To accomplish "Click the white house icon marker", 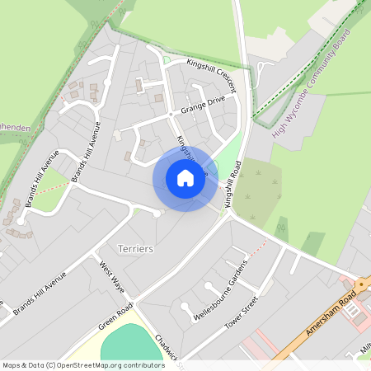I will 185,178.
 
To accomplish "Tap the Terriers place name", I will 137,248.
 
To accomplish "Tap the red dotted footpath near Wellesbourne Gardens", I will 257,248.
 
